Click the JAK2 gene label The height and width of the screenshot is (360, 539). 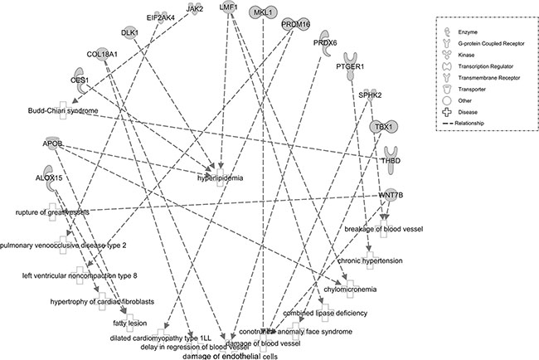coord(194,8)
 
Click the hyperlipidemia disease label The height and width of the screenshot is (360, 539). coord(220,177)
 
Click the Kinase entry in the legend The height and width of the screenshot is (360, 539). coord(464,51)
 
